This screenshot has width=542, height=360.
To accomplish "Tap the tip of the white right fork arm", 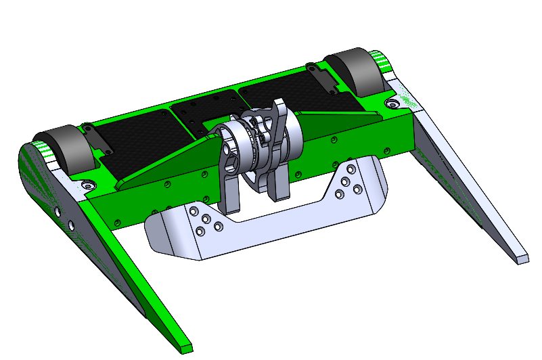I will (x=521, y=258).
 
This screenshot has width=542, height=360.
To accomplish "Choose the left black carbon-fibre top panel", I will (x=135, y=139).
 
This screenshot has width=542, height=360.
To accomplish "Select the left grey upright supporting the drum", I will (x=229, y=183).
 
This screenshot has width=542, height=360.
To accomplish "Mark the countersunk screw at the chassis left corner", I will (x=87, y=184).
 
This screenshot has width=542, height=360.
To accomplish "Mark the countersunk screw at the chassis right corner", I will (x=392, y=103).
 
